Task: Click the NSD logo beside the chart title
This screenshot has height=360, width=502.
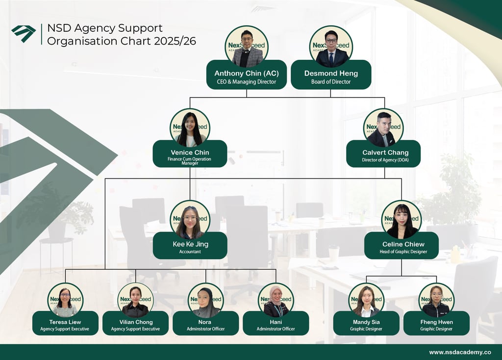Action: click(24, 33)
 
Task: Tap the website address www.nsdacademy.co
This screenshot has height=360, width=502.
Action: click(460, 352)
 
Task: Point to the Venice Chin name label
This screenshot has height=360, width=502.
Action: click(190, 153)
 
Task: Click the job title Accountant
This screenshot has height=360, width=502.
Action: click(190, 252)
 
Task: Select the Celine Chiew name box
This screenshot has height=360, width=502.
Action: click(401, 245)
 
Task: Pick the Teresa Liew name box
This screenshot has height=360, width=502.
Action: click(65, 323)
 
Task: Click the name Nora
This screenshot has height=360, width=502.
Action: click(205, 322)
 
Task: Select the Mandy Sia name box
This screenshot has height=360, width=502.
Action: click(366, 323)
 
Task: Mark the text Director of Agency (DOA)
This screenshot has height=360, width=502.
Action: click(385, 160)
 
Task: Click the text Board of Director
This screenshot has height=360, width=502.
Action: click(331, 82)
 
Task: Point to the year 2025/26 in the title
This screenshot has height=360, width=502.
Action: click(175, 41)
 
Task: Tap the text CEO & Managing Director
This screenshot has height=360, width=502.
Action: click(247, 82)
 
